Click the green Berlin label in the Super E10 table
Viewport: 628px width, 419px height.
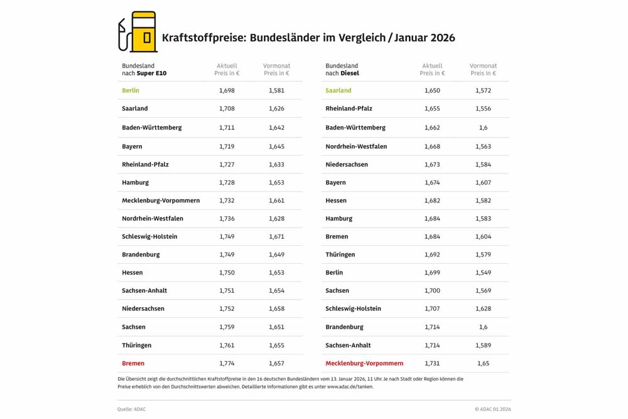131,90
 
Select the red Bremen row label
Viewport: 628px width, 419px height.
133,363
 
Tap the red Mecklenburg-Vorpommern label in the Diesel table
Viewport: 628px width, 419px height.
364,363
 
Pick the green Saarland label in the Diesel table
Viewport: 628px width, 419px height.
338,90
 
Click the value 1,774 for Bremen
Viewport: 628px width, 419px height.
227,363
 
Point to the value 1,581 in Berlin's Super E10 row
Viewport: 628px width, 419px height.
276,90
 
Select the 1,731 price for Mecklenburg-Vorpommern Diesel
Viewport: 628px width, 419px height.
432,363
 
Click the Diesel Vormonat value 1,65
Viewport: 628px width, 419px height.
483,363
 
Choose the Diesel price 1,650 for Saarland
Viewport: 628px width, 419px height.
432,90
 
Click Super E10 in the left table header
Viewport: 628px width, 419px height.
151,73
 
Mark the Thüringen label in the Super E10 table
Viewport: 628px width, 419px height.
136,345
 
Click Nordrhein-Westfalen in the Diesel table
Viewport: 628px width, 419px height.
356,146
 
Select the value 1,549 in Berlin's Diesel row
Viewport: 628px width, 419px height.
483,273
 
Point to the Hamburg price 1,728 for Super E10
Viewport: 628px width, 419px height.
227,182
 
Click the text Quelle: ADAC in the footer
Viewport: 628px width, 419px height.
132,409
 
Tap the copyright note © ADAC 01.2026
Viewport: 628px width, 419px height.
492,409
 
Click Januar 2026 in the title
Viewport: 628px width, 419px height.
427,38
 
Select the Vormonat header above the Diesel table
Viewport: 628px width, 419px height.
483,65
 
